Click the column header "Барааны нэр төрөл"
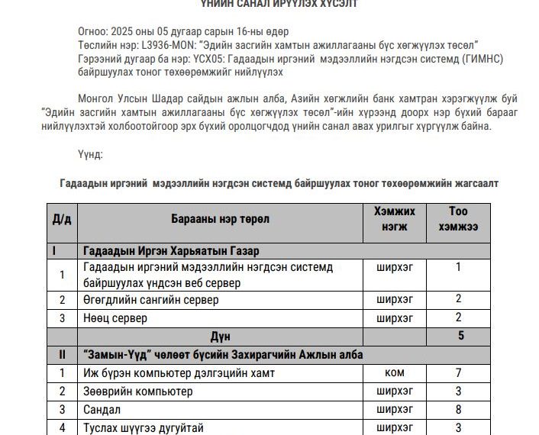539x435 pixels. [221, 219]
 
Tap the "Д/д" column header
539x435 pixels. [62, 219]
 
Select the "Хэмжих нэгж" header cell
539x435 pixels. [395, 218]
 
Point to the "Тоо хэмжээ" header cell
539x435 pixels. [458, 218]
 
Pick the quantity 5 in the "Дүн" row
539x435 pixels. [460, 335]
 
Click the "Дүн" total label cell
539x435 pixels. [221, 336]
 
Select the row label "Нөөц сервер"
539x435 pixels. [115, 317]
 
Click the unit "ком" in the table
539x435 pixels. [395, 373]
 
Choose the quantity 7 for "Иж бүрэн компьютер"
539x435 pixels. [458, 373]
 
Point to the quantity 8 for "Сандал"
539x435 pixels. [458, 410]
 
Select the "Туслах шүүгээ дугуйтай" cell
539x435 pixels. [144, 428]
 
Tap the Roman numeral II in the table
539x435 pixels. [62, 355]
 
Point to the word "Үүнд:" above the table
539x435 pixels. [90, 154]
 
